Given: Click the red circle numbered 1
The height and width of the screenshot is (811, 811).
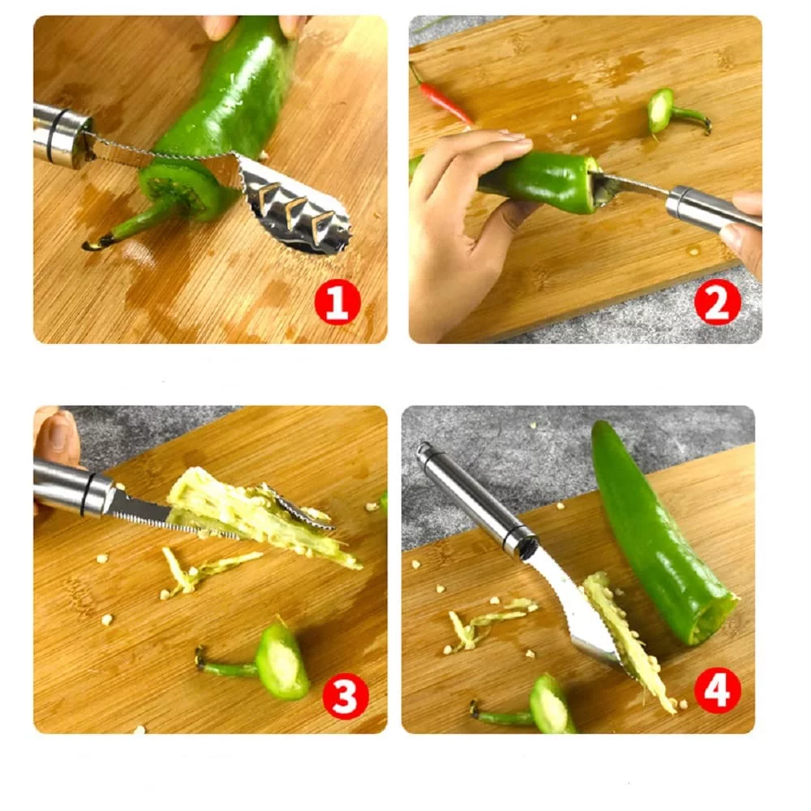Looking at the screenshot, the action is (337, 303).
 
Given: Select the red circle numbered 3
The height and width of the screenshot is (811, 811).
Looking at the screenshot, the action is (345, 696).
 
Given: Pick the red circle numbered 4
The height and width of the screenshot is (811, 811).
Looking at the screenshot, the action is (717, 690).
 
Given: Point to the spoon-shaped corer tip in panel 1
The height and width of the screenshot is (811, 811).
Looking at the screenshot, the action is (291, 207).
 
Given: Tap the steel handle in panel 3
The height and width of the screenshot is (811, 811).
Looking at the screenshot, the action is (72, 487).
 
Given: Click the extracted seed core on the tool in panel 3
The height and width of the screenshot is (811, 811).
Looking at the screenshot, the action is (259, 517).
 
